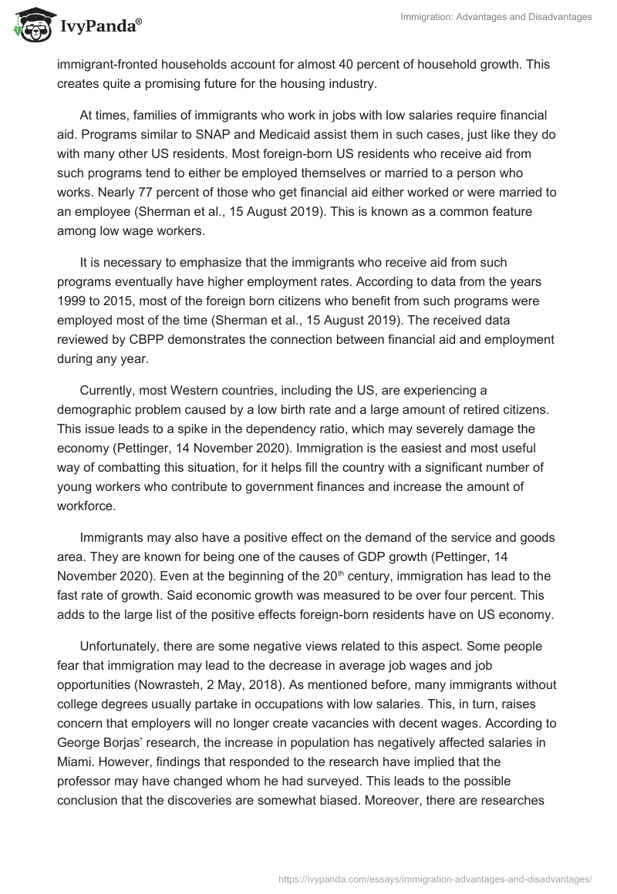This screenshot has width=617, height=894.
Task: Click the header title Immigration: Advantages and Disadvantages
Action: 497,17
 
